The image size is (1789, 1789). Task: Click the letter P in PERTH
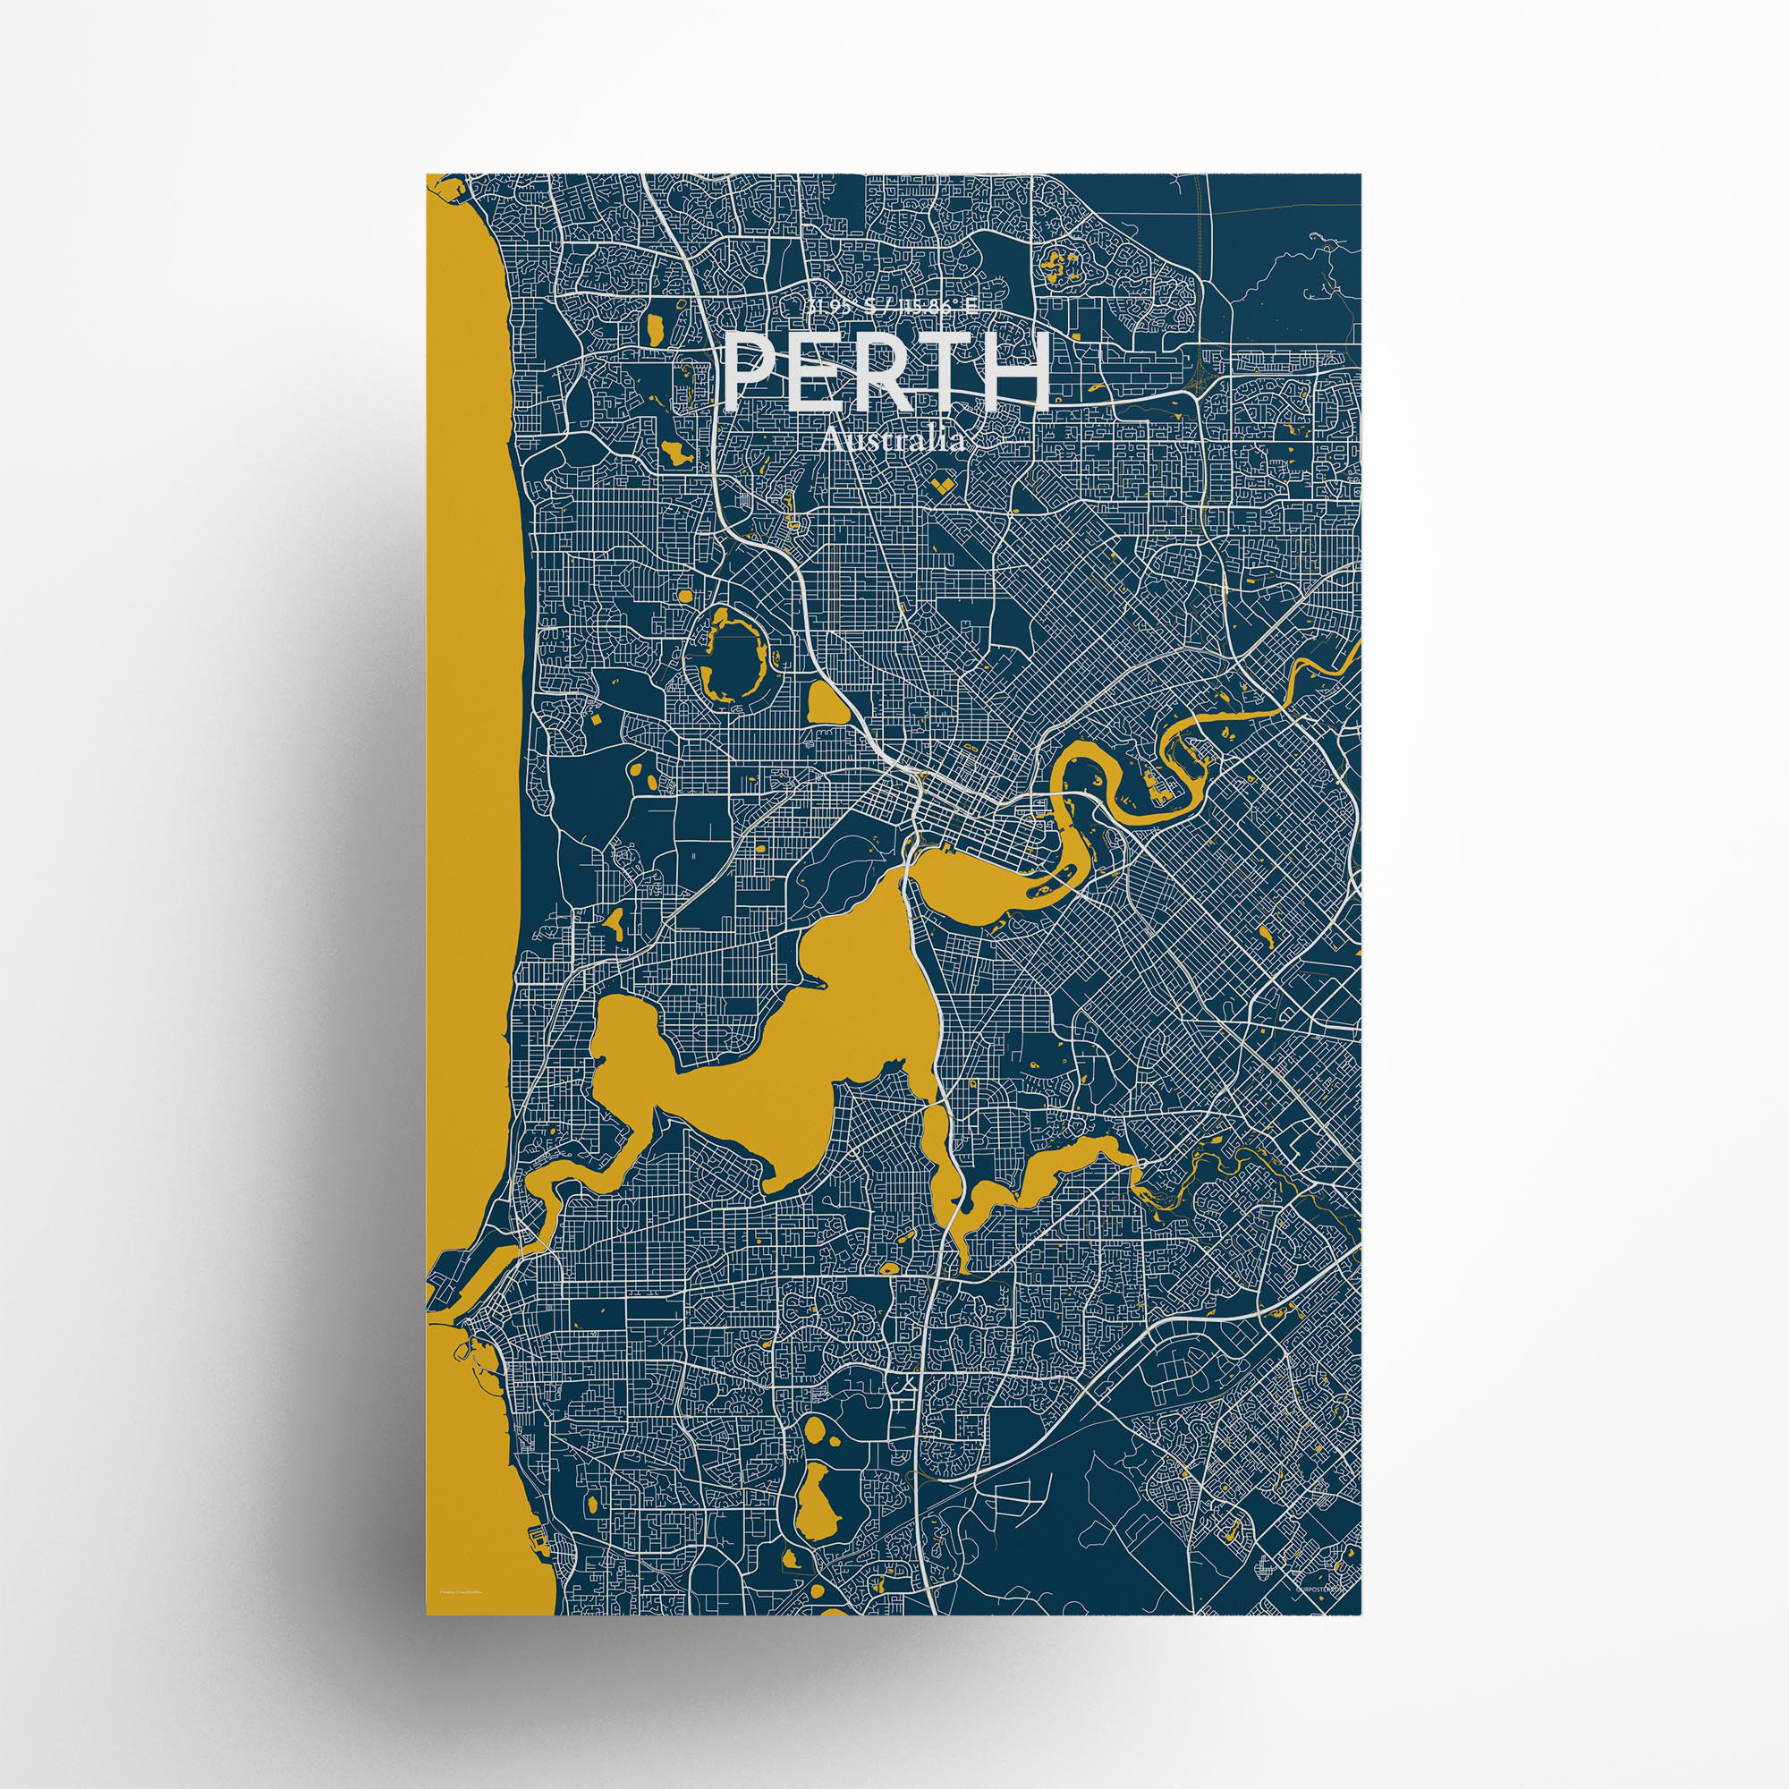(x=751, y=372)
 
